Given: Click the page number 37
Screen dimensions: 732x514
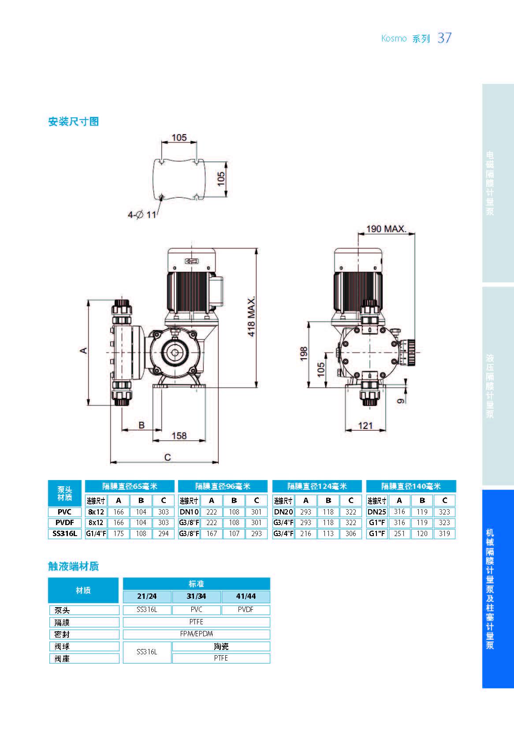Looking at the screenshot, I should pos(444,38).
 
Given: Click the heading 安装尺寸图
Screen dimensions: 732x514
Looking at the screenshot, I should pos(73,122).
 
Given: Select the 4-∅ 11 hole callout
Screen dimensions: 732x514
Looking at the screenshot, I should pos(142,215).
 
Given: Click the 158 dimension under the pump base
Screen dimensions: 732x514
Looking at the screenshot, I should pos(179,435).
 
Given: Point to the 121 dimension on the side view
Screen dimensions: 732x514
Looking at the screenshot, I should pos(365,426).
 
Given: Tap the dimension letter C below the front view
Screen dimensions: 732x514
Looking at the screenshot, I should pos(168,457).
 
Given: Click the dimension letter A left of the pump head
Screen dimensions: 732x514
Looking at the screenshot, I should pos(83,350).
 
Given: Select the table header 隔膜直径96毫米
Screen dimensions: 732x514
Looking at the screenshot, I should pos(223,486).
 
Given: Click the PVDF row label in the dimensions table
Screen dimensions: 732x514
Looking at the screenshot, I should pos(64,522).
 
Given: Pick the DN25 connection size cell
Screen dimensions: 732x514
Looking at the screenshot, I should pos(376,512).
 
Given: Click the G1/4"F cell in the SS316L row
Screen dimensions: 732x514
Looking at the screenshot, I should pos(96,533).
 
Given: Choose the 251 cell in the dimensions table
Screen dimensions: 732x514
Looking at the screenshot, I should pos(399,533).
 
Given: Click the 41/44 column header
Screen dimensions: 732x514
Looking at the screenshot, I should pos(246,596).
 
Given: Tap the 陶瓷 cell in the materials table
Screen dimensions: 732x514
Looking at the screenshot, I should pos(221,646).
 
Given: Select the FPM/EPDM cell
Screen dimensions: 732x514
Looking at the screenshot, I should pos(196,634).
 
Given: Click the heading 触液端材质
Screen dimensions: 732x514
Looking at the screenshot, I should pos(73,566).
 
